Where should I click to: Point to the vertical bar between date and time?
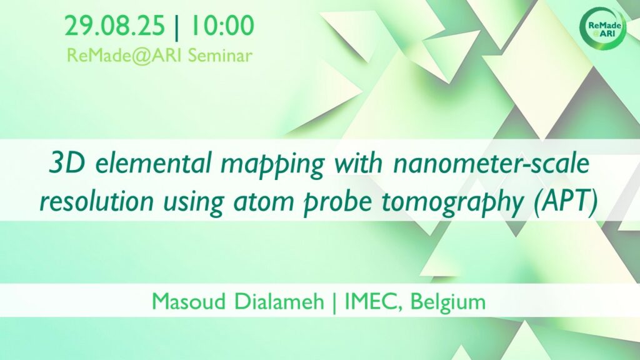[177, 26]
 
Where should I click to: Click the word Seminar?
[221, 56]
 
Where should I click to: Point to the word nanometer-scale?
[491, 164]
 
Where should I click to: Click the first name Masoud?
[189, 302]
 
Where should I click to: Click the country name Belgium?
[448, 302]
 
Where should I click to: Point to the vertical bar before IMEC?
[335, 302]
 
